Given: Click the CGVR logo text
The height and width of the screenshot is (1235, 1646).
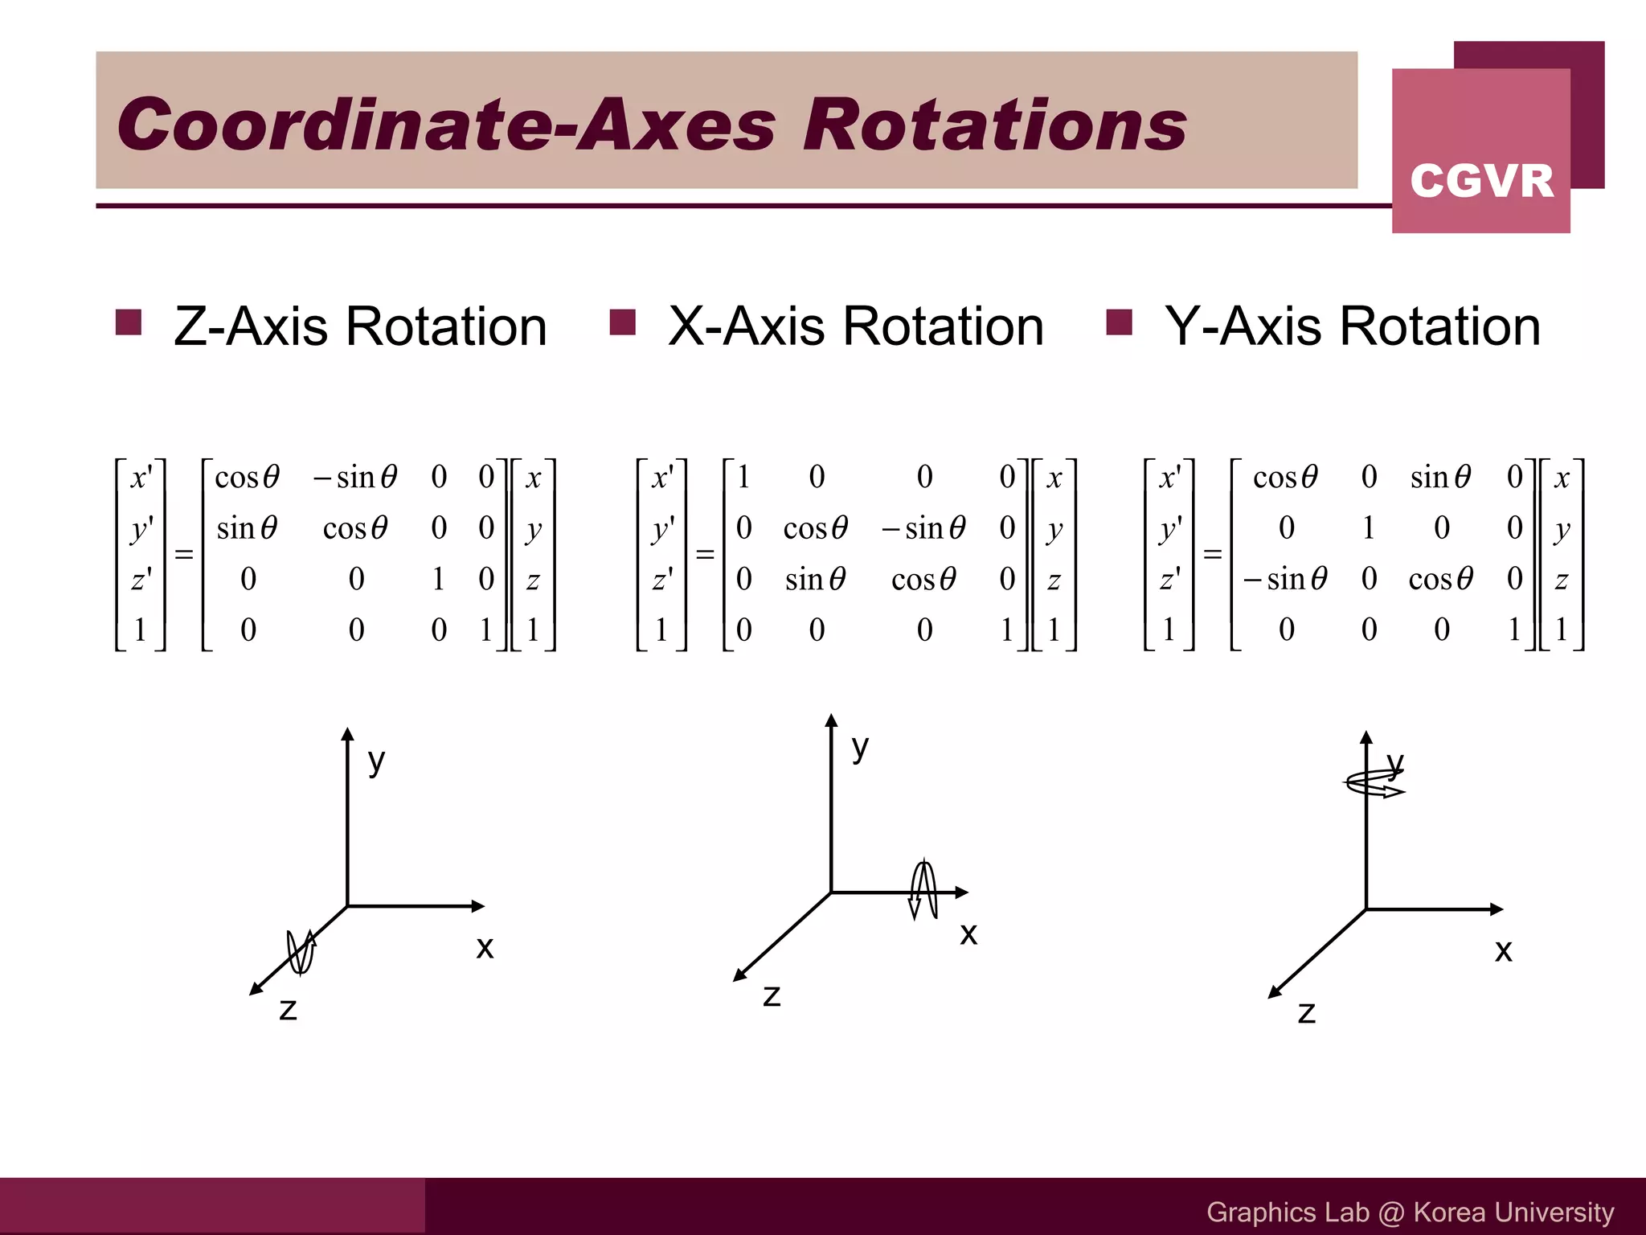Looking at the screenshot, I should tap(1481, 181).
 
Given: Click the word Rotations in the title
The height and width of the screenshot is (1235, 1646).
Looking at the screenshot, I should tap(995, 125).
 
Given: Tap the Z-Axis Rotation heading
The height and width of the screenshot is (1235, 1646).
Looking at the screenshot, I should tap(359, 326).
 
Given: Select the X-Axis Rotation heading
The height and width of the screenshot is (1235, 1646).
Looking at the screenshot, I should tap(855, 326).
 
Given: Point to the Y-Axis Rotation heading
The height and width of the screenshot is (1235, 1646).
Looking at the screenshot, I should tap(1353, 326).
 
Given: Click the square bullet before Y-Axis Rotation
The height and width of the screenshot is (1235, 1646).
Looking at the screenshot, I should tap(1119, 322).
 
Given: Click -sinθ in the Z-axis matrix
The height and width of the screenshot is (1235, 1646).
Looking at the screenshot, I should tap(355, 478).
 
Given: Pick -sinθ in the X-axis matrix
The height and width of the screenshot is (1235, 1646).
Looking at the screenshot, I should tap(923, 528).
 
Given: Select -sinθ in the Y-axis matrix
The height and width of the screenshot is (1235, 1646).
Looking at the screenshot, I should tap(1285, 579).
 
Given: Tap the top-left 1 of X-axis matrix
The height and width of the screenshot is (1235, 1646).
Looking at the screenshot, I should tap(743, 478).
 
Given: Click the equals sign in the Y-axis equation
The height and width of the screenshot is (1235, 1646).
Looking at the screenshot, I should tap(1212, 554).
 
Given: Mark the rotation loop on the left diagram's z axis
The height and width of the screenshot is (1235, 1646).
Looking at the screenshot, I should tap(301, 952).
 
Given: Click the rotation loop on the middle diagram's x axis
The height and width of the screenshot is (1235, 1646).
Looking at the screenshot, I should tap(923, 890).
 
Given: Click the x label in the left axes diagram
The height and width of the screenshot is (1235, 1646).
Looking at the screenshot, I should tap(485, 947).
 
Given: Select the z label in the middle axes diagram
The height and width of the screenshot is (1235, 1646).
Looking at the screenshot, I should tap(772, 995).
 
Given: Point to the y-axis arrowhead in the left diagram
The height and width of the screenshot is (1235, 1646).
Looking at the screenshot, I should tap(347, 733).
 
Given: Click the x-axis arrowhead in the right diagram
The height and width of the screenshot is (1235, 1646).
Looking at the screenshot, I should tap(1497, 909).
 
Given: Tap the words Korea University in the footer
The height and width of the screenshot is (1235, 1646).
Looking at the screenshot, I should tap(1513, 1212).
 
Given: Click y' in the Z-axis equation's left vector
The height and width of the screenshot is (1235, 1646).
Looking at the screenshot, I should tap(141, 528).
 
